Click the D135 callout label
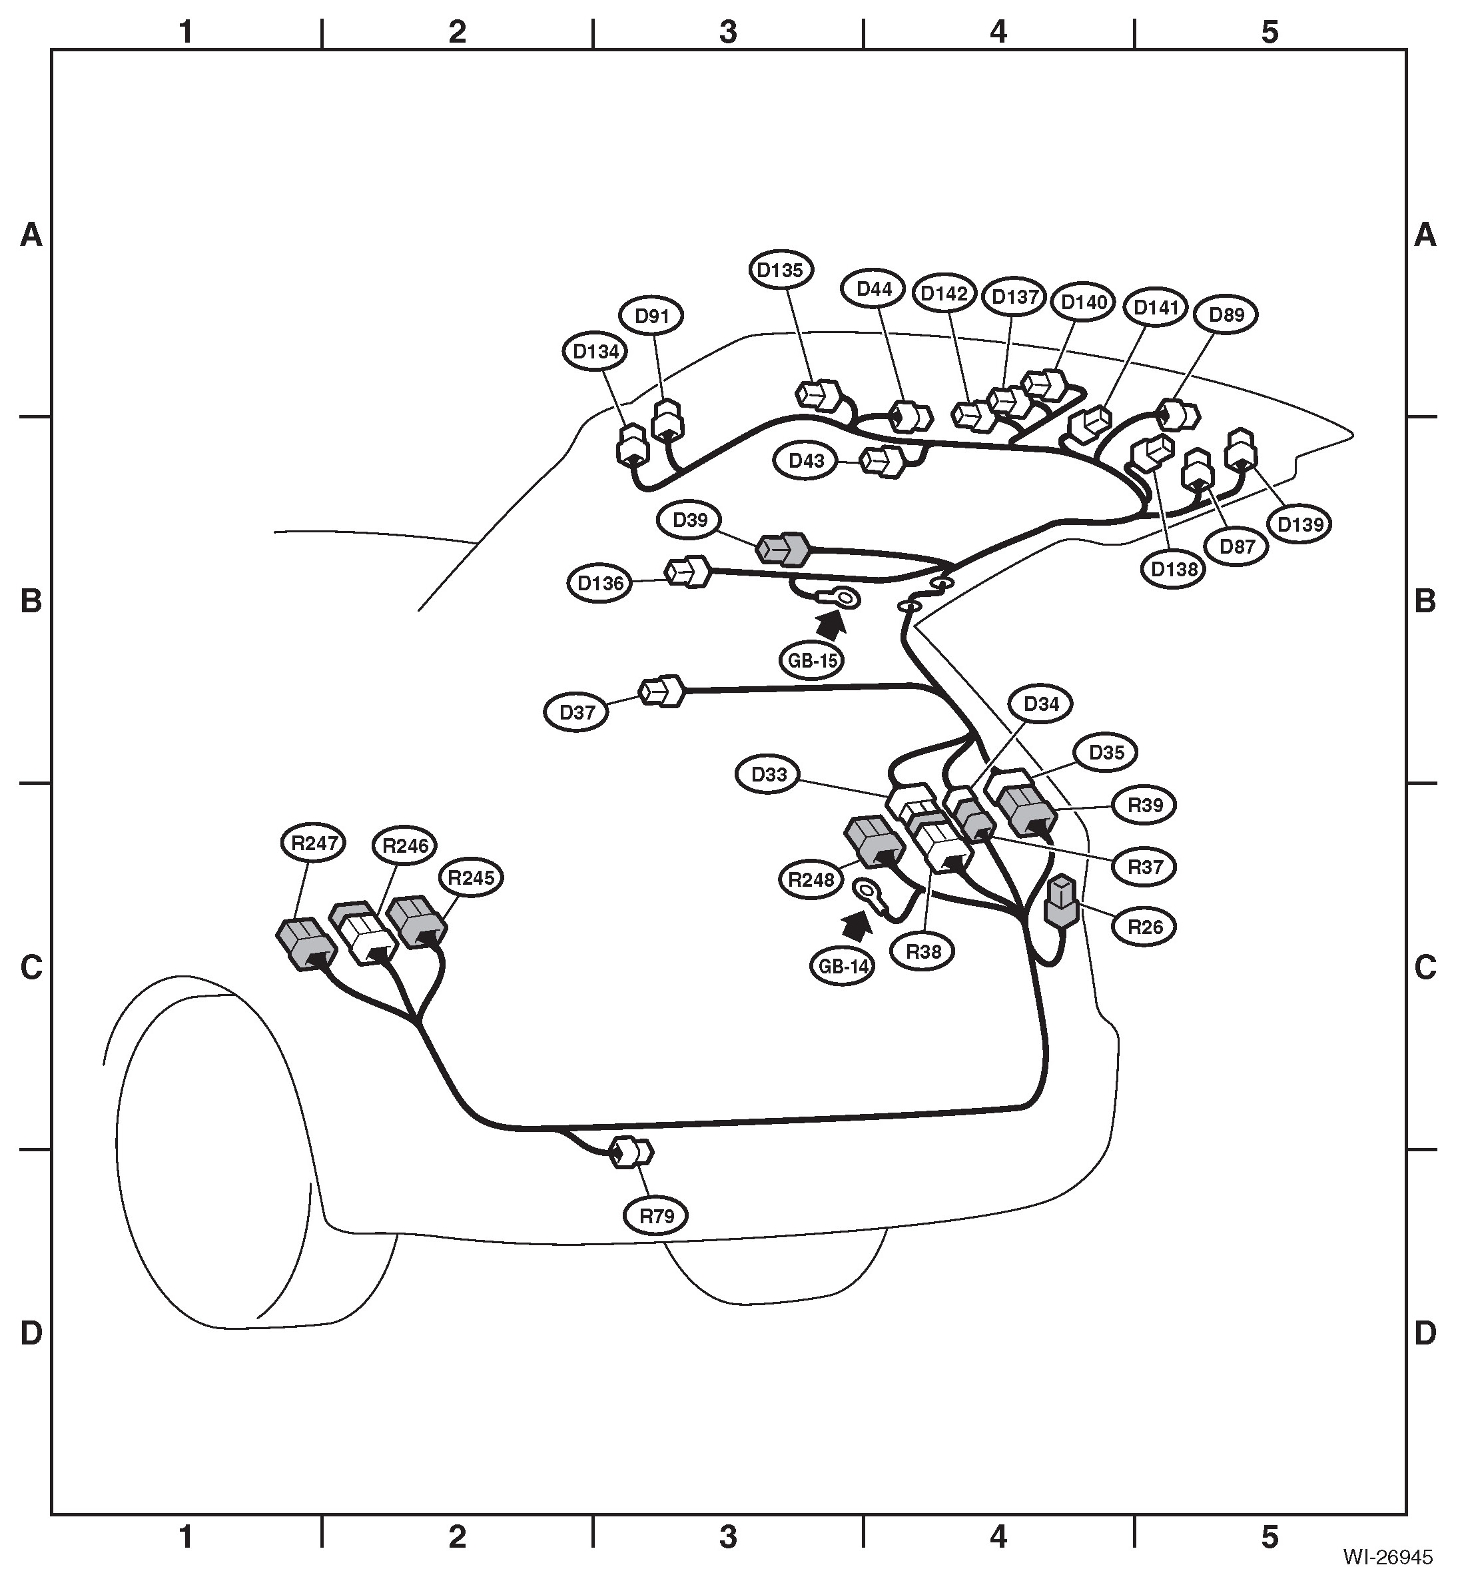point(780,270)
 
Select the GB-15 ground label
point(813,660)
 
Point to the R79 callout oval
point(656,1215)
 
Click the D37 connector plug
point(662,691)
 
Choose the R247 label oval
point(315,843)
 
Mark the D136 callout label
point(601,584)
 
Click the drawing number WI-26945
point(1387,1558)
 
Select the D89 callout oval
point(1227,314)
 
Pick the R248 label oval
point(813,880)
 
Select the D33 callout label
point(768,774)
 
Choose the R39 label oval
point(1145,805)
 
